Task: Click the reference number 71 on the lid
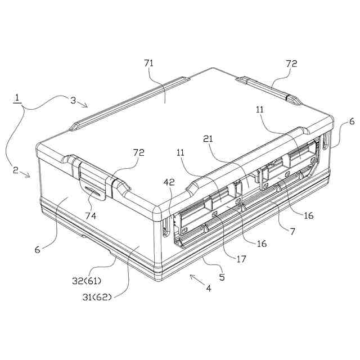[x=148, y=63]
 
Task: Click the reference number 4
[x=209, y=288]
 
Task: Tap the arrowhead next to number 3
[x=84, y=105]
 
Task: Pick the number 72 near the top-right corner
[x=291, y=64]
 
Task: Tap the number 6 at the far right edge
[x=352, y=121]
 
